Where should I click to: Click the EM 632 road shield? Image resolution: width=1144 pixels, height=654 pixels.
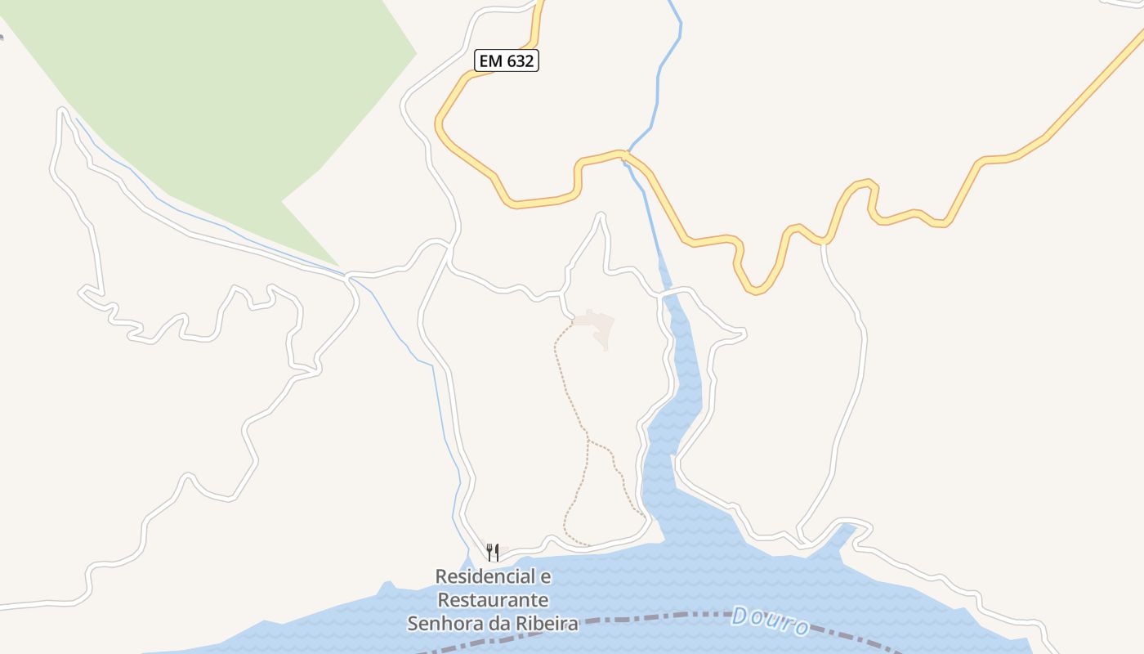507,60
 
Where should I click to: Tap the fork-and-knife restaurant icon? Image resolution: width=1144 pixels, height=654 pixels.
493,553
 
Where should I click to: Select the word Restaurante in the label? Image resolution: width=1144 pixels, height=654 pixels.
493,600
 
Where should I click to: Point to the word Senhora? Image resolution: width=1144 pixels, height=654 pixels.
446,624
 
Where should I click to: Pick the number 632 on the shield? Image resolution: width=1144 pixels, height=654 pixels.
519,60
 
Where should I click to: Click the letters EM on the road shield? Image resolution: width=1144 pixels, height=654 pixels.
490,60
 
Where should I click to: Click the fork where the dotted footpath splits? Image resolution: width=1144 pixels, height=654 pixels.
588,440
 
